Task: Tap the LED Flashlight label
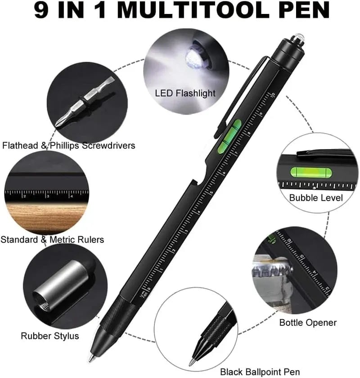tap(185, 93)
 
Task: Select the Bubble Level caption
tap(316, 198)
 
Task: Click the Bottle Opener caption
tap(308, 323)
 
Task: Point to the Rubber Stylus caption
tap(50, 336)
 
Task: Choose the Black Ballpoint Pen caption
tap(260, 372)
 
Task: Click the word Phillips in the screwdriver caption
tap(64, 146)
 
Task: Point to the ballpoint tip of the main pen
tap(91, 358)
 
